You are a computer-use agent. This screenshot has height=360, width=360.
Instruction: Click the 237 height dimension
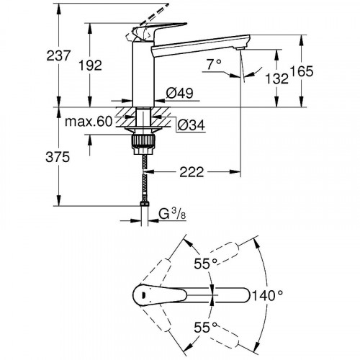tap(58, 55)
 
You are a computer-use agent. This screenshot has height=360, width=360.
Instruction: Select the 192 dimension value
tap(91, 66)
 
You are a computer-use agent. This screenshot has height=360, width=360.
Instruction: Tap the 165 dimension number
tap(302, 71)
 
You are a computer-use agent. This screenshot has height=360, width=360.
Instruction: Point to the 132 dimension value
tap(276, 78)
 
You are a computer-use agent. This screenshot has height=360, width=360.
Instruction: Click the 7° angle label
tap(214, 64)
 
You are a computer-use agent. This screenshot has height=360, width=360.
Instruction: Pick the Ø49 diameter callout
tap(179, 93)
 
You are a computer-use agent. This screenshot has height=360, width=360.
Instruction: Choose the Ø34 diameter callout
tap(192, 125)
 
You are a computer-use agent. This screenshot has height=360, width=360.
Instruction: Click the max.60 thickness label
tap(89, 122)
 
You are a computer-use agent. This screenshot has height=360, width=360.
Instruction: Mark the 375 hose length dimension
tap(58, 157)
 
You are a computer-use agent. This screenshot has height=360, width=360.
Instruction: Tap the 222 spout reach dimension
tap(192, 172)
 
